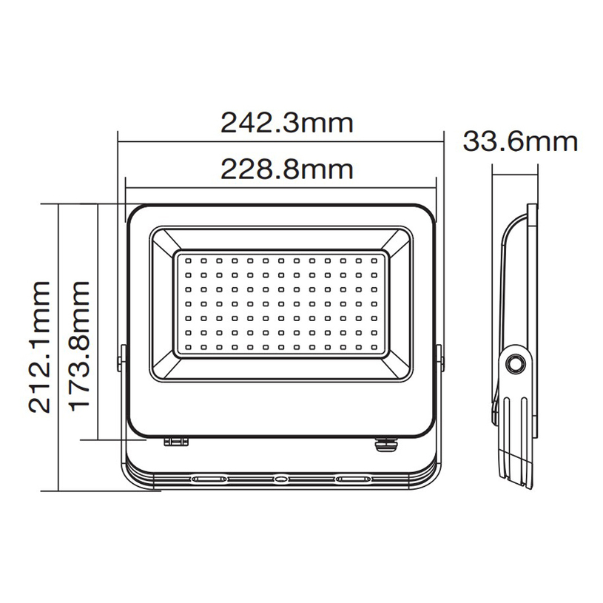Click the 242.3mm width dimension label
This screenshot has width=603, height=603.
click(287, 121)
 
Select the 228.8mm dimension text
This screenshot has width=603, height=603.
click(287, 170)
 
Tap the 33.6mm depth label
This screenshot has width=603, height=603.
click(519, 141)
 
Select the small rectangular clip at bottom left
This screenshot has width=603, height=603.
click(176, 442)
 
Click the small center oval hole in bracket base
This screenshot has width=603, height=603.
click(280, 479)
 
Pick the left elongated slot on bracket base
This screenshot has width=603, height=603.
click(209, 479)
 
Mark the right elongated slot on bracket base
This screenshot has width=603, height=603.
click(352, 479)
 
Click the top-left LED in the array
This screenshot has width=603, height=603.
click(188, 260)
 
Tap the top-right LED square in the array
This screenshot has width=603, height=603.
click(374, 260)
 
